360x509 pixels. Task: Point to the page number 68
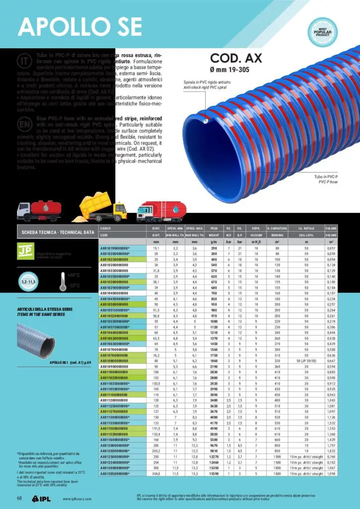point(19,498)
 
